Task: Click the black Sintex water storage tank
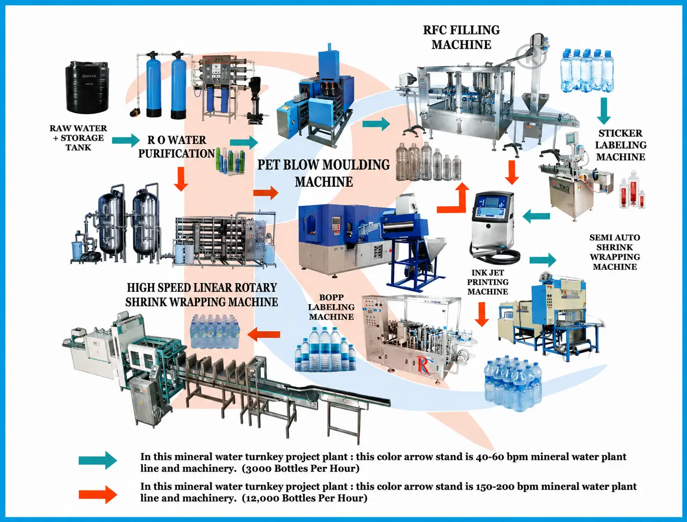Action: (86, 87)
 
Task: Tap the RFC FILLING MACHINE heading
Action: (462, 37)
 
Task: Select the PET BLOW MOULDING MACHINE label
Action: (323, 173)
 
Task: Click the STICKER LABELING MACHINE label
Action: (621, 145)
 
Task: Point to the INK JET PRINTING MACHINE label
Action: (488, 282)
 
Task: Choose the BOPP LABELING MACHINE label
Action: (331, 307)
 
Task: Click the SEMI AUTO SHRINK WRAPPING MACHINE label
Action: (615, 252)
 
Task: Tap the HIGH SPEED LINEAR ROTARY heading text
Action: (202, 288)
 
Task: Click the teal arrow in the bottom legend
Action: (97, 460)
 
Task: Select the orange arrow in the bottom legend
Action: (97, 495)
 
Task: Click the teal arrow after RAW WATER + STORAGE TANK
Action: (126, 140)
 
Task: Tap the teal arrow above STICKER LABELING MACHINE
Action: (604, 111)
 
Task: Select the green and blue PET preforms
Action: (230, 160)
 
